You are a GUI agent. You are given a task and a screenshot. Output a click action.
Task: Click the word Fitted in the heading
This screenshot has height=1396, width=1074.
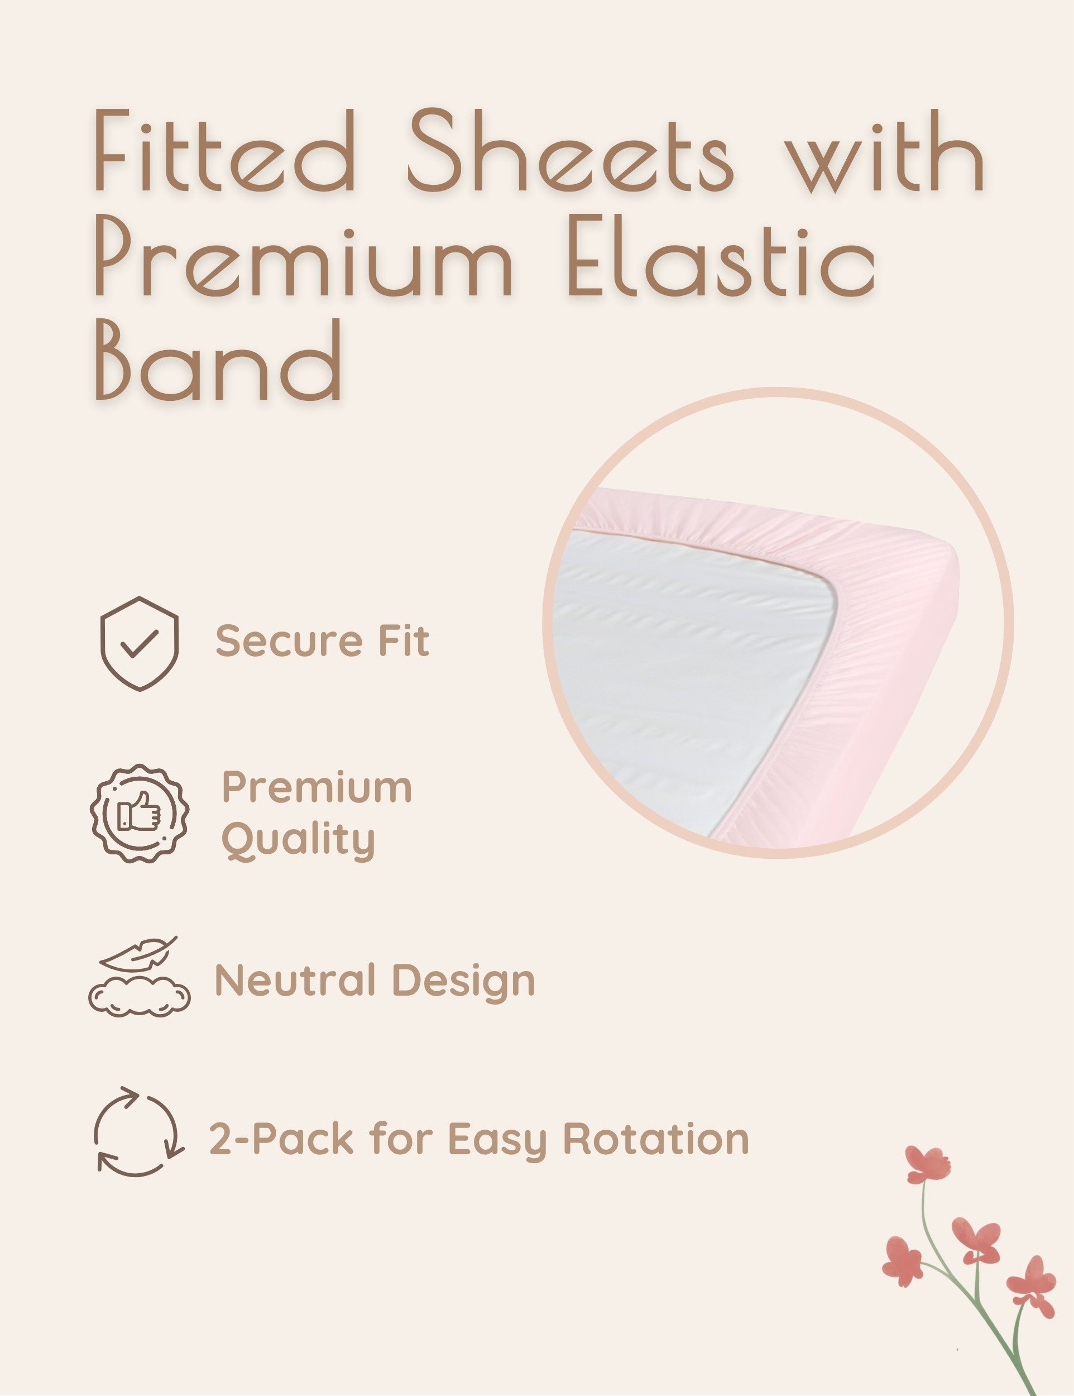[x=224, y=150]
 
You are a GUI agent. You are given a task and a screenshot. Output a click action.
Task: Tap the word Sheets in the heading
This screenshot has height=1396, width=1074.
[x=570, y=150]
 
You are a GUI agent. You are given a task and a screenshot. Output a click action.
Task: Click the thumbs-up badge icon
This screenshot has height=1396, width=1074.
[x=140, y=813]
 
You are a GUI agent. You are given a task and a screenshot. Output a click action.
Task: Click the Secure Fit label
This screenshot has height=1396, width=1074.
[x=323, y=640]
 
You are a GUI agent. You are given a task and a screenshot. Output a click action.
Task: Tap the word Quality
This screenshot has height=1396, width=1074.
[x=299, y=841]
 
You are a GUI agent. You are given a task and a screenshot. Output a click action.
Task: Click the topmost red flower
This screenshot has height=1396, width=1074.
[x=927, y=1164]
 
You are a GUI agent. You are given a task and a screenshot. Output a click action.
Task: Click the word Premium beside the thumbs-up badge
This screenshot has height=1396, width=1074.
[x=317, y=787]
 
